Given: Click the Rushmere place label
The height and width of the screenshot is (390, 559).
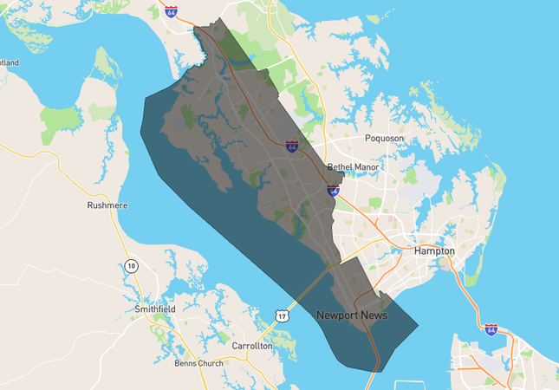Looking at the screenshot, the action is coord(107,205).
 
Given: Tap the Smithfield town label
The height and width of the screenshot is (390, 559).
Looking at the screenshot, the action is coord(155,309).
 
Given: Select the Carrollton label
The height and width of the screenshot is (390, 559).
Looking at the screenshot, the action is coord(252,345).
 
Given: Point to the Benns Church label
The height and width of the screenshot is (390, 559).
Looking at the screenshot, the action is coord(198,363).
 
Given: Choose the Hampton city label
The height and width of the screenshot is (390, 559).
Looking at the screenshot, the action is coord(434,250).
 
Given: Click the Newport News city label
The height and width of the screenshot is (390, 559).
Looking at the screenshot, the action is coord(352,315).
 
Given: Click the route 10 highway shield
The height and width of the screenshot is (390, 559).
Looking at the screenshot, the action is coord(131,265).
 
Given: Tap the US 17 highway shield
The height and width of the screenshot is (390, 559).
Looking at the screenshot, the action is coord(282,316).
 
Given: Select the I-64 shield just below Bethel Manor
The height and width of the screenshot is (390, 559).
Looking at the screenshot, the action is coord(334,188).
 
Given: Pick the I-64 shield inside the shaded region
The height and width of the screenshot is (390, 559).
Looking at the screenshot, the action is coord(293,146).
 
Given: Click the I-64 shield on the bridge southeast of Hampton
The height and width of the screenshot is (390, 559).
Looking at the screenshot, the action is coord(491,329).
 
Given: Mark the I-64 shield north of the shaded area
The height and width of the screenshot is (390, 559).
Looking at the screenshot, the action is coord(172,11).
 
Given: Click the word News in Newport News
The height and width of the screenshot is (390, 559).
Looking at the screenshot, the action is coord(374,315).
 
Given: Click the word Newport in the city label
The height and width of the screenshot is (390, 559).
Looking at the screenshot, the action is coord(337,315).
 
